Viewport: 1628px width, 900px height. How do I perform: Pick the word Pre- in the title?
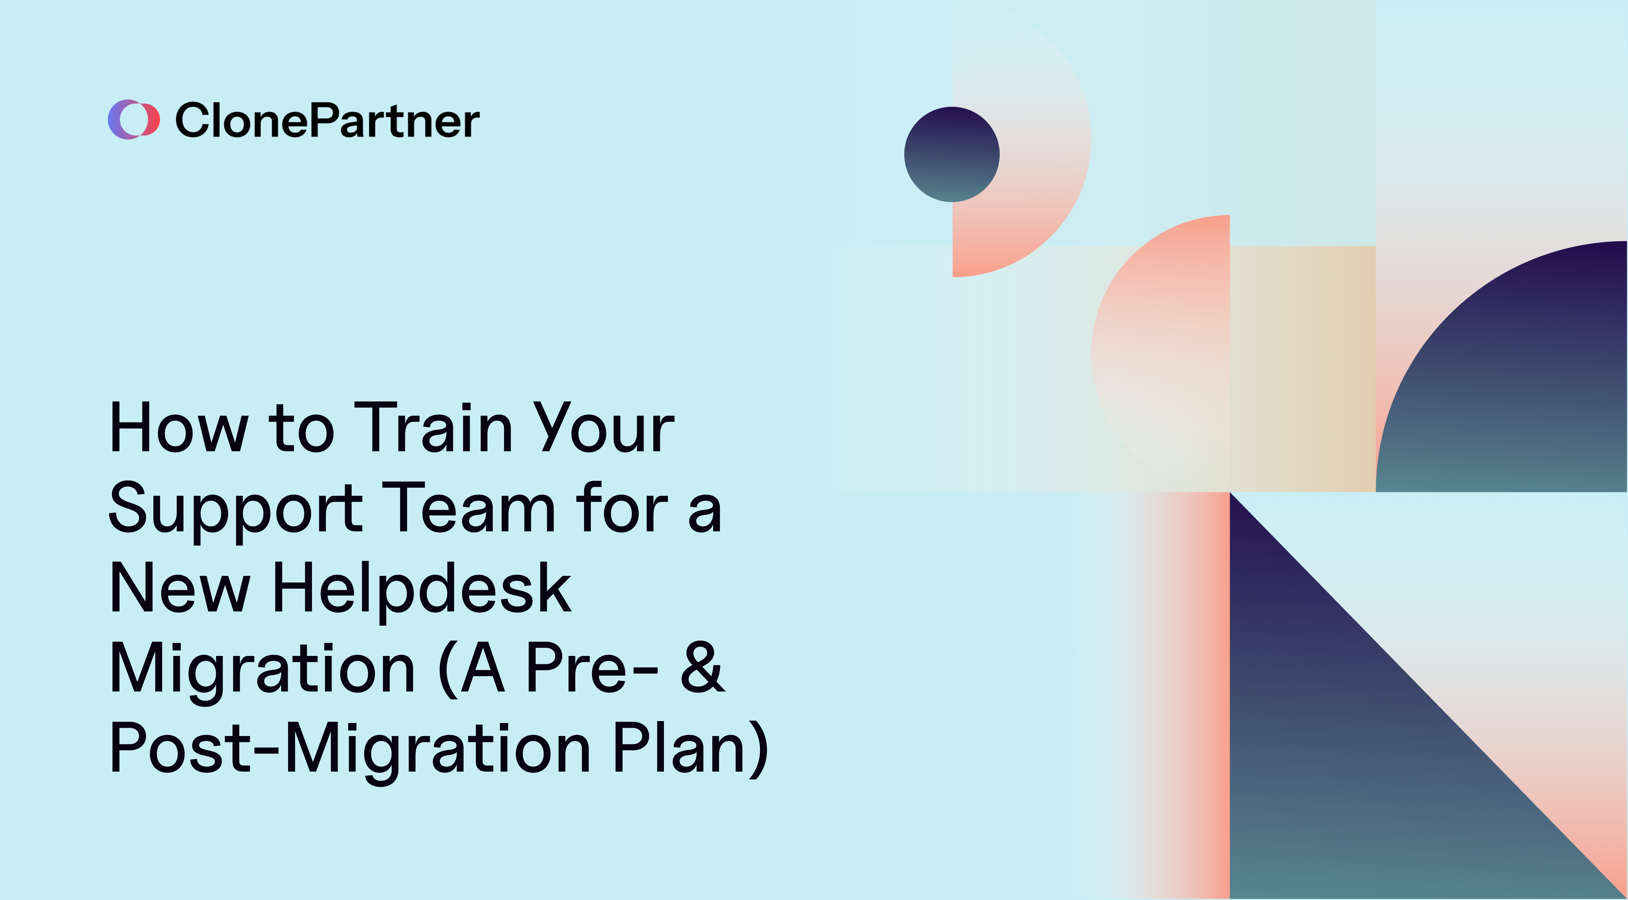pos(591,668)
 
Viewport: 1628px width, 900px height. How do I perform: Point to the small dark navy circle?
pos(951,155)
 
